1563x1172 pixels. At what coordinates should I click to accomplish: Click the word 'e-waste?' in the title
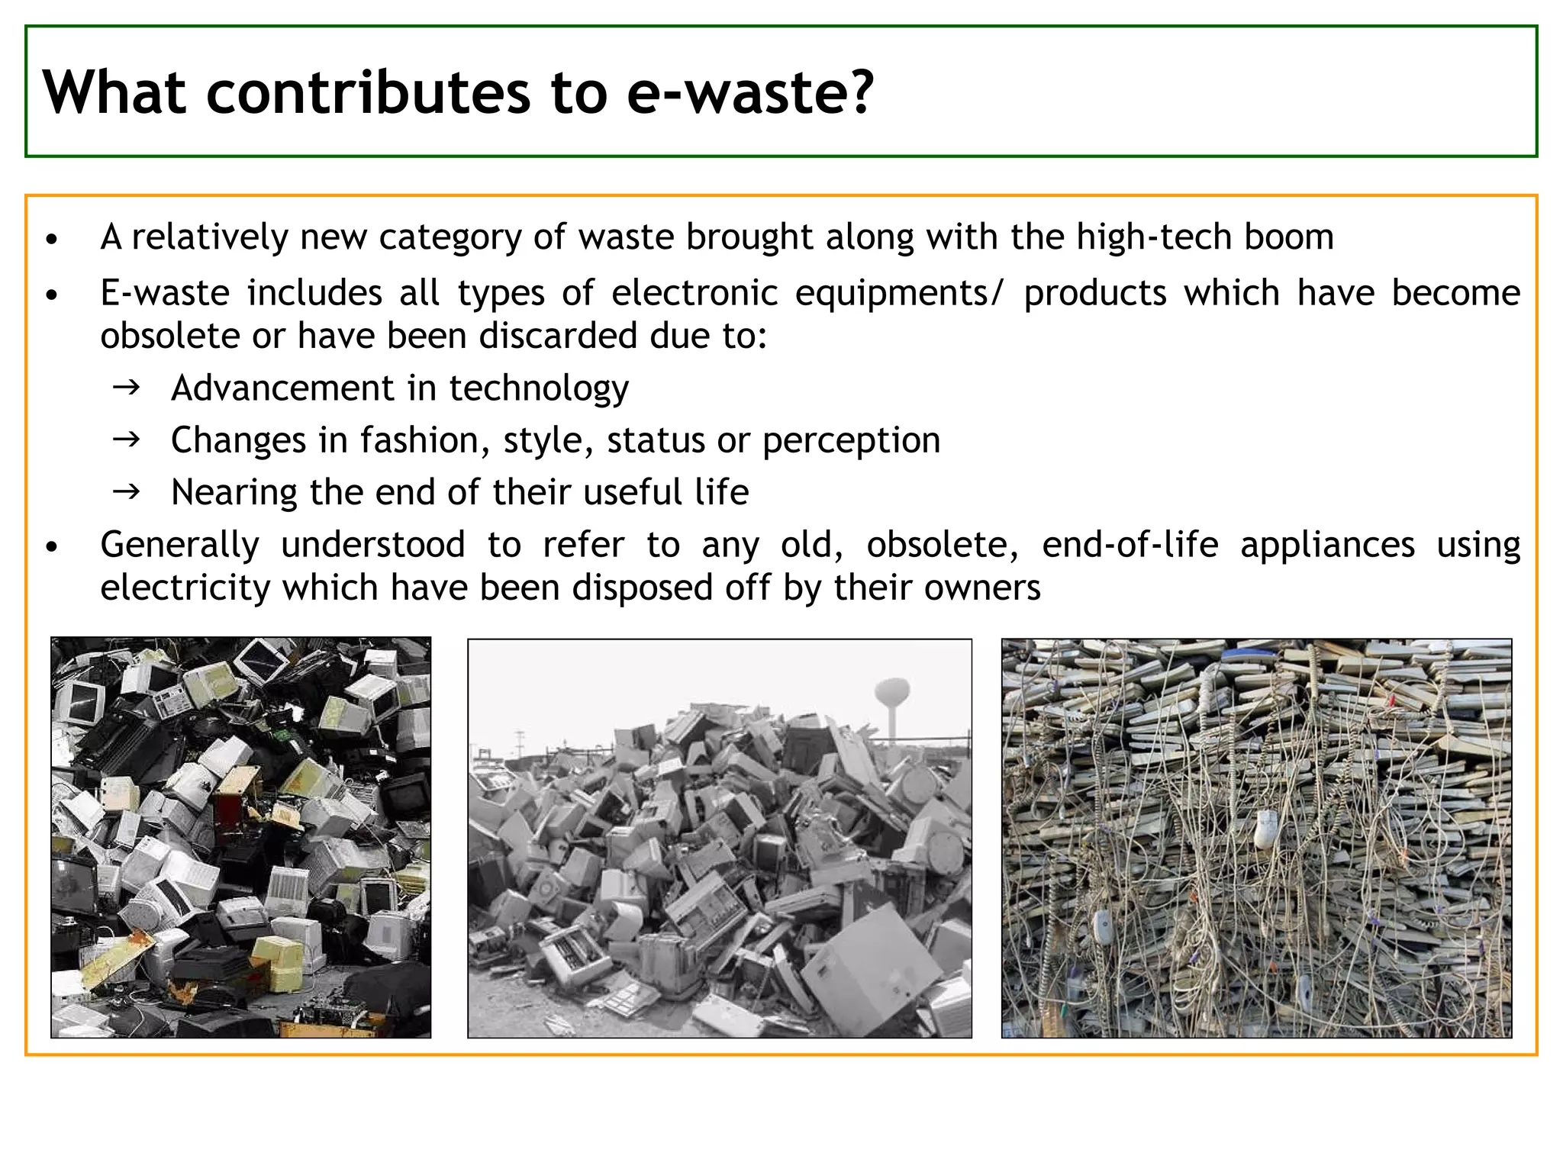click(x=749, y=92)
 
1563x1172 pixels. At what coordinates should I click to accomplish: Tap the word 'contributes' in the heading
click(x=368, y=92)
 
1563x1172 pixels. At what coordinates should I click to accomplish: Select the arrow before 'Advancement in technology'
click(x=126, y=388)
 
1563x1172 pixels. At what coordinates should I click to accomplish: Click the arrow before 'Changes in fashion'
click(x=126, y=439)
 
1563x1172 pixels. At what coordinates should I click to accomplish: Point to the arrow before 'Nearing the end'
click(x=126, y=491)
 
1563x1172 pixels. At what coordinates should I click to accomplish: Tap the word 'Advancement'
click(x=282, y=388)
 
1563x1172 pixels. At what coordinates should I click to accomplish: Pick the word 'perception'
click(x=851, y=440)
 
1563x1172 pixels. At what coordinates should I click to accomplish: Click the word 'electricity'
click(x=185, y=588)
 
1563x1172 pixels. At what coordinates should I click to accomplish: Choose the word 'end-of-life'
click(x=1130, y=545)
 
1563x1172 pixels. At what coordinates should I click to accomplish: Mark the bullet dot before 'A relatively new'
click(x=51, y=240)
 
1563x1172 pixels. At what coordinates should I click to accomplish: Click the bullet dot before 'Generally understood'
click(x=51, y=547)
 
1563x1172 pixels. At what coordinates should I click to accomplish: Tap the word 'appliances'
click(x=1327, y=545)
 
